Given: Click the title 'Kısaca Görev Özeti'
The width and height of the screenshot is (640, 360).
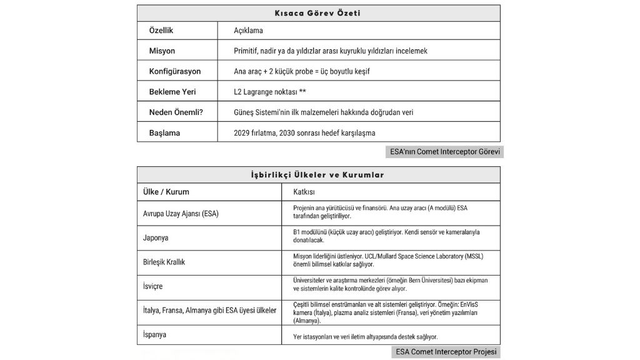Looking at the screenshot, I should click(318, 13).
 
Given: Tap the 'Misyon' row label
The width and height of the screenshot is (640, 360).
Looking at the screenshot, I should click(162, 51).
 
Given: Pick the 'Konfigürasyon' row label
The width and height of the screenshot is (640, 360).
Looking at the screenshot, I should click(175, 71).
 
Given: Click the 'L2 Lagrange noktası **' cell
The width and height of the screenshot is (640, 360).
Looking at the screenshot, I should click(269, 91).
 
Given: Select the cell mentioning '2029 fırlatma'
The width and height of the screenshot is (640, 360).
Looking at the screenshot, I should click(304, 132).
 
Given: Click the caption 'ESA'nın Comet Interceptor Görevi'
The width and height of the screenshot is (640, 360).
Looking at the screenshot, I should click(444, 151).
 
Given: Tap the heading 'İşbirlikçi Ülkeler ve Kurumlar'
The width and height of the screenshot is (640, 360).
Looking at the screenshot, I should click(318, 175).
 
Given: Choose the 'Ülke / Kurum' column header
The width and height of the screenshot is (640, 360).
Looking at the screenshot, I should click(166, 192).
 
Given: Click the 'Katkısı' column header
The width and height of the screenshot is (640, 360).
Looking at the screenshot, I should click(304, 192).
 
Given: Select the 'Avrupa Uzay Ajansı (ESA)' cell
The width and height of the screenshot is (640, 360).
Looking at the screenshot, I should click(181, 213).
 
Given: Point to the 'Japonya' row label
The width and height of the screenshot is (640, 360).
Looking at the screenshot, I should click(156, 237).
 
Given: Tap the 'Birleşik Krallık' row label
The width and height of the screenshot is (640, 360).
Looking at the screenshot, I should click(164, 262).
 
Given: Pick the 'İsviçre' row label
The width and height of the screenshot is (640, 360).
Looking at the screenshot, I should click(153, 286).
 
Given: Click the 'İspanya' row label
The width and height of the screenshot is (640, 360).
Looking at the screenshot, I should click(155, 334).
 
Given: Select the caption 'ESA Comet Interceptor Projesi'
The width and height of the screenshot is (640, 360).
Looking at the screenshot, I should click(446, 352).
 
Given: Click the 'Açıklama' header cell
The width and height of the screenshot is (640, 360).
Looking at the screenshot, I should click(248, 31).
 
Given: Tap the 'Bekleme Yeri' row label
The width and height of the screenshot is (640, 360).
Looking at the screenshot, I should click(172, 91).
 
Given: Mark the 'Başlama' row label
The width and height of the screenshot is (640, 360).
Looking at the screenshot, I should click(164, 132).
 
